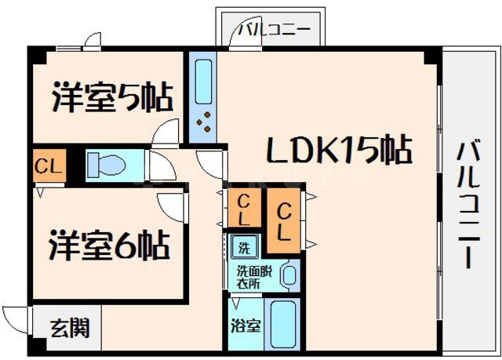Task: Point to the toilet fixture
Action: [x=106, y=165]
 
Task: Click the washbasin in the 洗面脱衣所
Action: [x=289, y=275]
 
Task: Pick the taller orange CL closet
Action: [x=284, y=222]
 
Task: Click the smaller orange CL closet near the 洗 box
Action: [x=245, y=208]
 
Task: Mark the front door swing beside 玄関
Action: [x=16, y=320]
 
